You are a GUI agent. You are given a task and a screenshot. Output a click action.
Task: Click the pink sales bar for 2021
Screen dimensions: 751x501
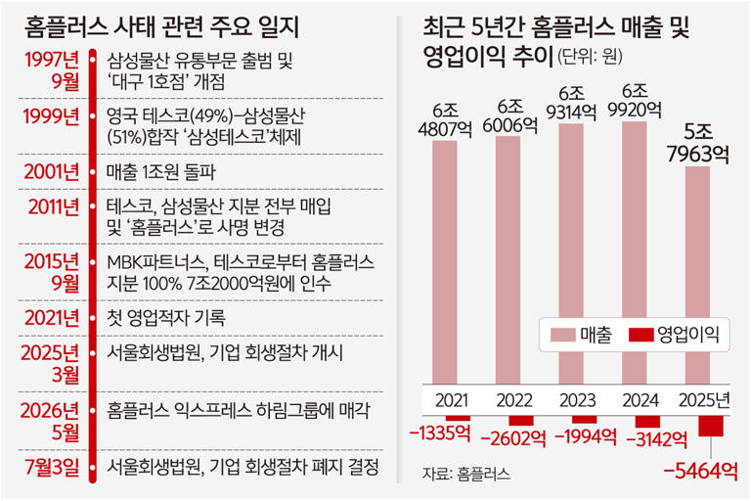coord(445,262)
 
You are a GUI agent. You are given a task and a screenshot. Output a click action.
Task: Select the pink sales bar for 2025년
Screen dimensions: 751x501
coord(697,275)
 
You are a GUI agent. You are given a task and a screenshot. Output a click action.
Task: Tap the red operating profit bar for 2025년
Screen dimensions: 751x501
coord(711,426)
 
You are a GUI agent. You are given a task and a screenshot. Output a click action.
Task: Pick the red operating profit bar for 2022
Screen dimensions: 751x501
coord(521,420)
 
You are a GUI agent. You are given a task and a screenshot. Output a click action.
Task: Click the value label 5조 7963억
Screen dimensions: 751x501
coord(698,143)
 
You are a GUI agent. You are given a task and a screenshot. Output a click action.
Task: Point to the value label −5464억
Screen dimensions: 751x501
coord(700,472)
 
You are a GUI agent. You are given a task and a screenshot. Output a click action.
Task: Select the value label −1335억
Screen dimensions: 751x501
coord(441,433)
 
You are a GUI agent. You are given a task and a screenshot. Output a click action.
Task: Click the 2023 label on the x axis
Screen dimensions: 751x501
coord(577,400)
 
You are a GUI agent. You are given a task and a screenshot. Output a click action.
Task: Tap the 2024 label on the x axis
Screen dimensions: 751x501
coord(641,400)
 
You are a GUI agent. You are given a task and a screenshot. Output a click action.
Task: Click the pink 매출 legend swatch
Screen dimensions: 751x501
coord(562,335)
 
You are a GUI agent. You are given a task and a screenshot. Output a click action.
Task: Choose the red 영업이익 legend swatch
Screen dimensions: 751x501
coord(641,335)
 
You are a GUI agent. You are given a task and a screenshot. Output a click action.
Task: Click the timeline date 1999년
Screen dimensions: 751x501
coord(51,116)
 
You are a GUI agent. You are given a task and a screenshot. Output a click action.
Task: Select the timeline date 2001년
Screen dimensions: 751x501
coord(51,171)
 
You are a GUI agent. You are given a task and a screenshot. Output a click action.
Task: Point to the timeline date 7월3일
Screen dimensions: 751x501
coord(52,467)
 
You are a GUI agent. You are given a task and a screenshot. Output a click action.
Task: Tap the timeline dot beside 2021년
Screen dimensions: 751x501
coord(93,318)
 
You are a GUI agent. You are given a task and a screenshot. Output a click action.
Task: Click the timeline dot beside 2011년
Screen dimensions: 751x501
coord(93,207)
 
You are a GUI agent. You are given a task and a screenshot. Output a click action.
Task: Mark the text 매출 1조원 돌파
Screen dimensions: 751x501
coord(161,172)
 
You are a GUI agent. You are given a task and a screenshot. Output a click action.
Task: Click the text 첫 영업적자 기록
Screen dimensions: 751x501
coord(165,318)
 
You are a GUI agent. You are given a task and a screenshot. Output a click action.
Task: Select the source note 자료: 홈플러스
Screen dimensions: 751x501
coord(466,474)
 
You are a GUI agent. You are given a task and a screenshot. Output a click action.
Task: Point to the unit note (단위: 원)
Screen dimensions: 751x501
coord(590,57)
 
